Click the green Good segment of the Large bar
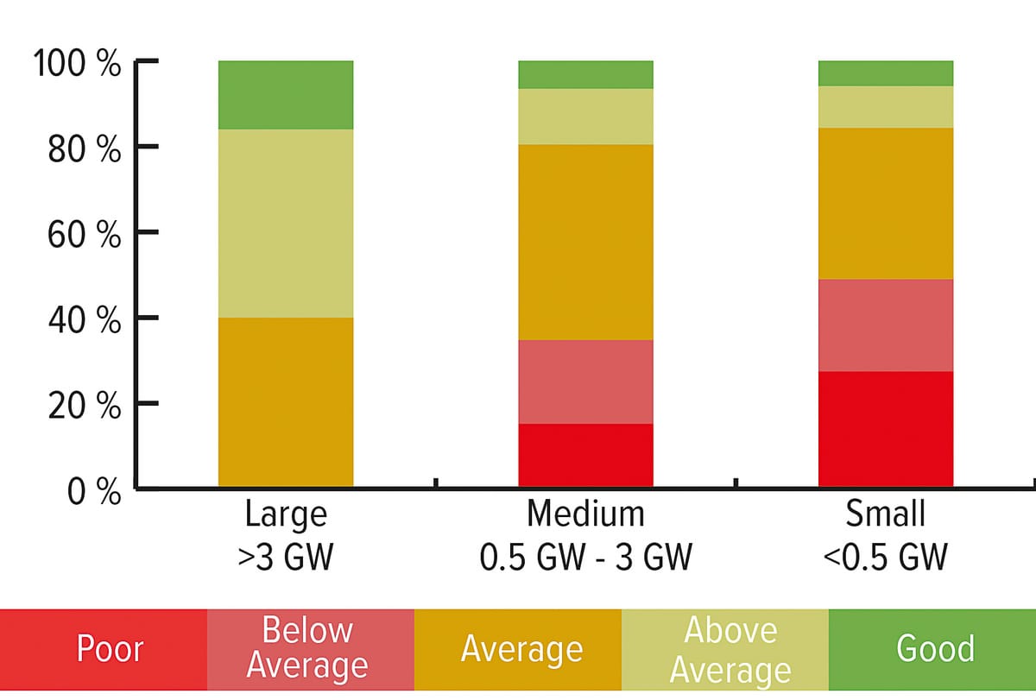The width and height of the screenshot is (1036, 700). (286, 95)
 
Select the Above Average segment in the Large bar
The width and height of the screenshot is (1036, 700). (286, 224)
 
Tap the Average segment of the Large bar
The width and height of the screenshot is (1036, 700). (286, 402)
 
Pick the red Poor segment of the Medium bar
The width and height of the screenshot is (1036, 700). (585, 455)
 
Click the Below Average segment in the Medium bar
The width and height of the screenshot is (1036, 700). (585, 382)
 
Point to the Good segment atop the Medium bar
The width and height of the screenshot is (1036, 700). (585, 74)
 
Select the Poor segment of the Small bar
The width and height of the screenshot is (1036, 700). (886, 429)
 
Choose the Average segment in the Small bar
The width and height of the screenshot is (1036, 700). (886, 204)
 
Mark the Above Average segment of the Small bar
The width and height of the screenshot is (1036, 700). (886, 107)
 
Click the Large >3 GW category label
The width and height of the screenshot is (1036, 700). (286, 535)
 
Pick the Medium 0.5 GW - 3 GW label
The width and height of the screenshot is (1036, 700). (585, 535)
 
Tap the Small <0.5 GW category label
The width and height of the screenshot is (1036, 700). (886, 535)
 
